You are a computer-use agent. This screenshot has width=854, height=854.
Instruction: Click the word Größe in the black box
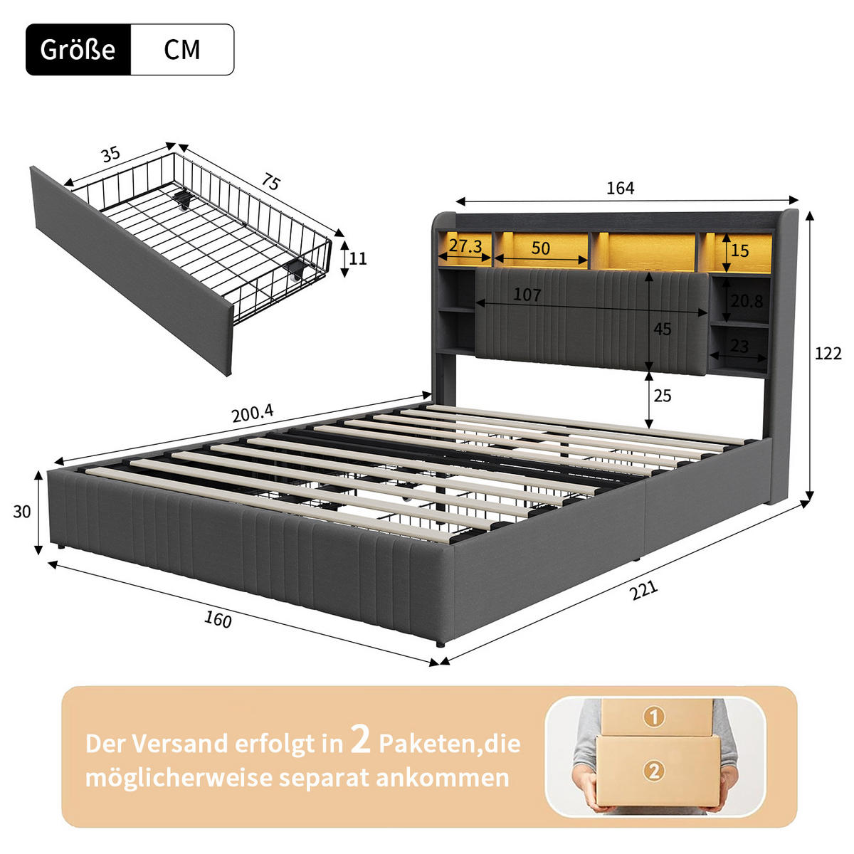78,50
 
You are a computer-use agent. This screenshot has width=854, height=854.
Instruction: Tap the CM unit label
181,50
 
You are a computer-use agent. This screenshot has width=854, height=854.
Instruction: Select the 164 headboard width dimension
620,188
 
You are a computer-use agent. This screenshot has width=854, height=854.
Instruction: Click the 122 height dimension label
828,354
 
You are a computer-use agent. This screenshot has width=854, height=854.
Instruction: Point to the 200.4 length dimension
253,413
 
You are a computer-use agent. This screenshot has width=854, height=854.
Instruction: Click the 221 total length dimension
643,590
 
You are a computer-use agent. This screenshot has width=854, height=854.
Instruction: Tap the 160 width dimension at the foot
218,620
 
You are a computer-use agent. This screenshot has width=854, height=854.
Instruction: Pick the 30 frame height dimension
22,511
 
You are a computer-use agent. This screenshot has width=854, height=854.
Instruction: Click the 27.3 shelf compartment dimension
465,247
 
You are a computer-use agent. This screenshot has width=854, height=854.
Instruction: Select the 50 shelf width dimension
540,248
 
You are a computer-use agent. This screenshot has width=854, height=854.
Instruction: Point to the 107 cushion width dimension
527,295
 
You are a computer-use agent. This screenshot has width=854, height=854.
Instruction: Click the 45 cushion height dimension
662,330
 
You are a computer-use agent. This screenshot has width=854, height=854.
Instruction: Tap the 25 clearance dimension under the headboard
662,396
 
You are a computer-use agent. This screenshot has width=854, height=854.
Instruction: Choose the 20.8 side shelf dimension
747,301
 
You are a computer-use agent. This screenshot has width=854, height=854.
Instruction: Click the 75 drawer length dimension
270,183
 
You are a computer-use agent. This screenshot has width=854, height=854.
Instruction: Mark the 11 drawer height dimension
358,258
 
